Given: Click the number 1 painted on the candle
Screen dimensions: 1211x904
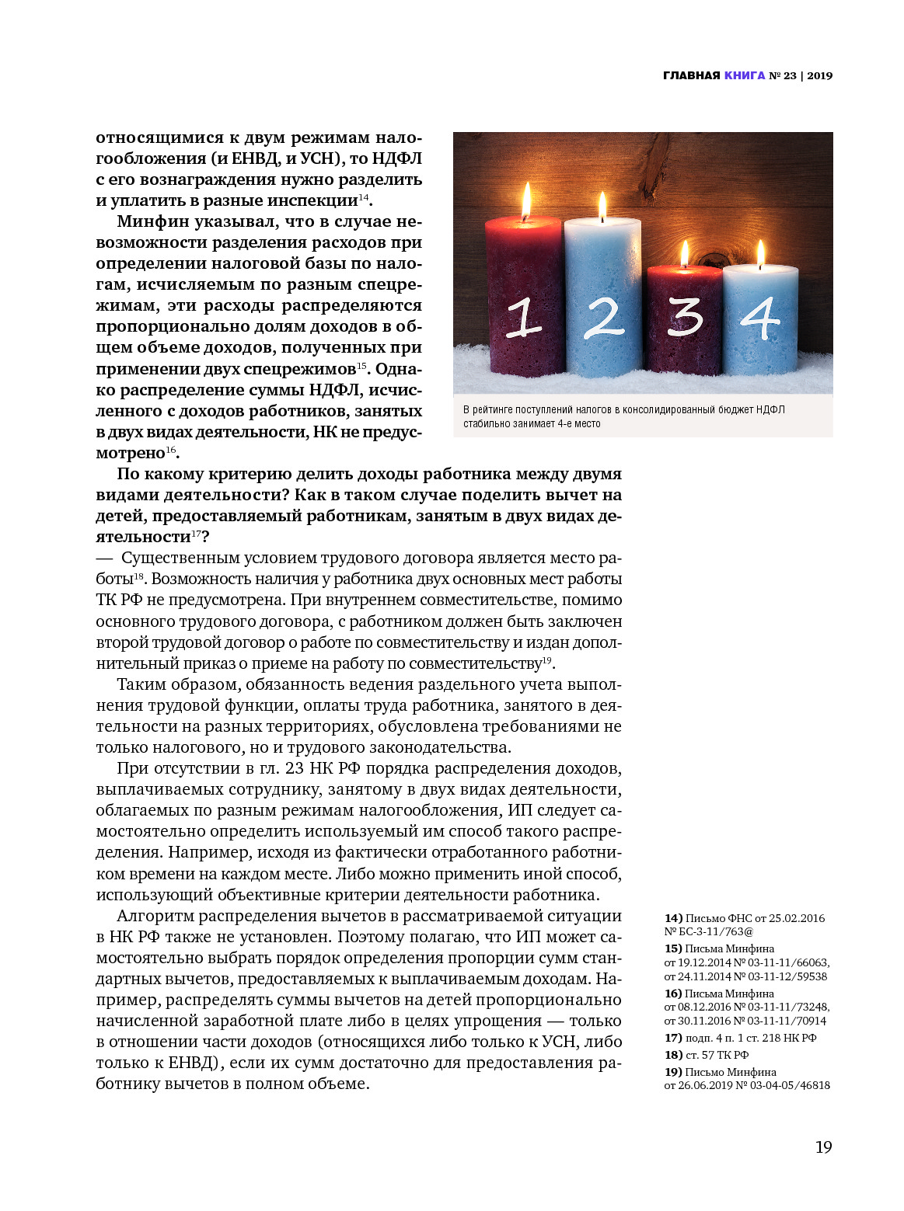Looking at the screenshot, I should pyautogui.click(x=523, y=318).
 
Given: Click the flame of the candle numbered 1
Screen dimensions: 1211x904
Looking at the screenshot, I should pyautogui.click(x=526, y=200).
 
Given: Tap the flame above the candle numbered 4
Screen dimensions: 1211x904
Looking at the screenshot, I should pyautogui.click(x=761, y=253).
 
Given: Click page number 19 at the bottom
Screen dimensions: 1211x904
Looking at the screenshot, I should pyautogui.click(x=823, y=1147).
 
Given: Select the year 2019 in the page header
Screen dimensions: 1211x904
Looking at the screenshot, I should pyautogui.click(x=819, y=75).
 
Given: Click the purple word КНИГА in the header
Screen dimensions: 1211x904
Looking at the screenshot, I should pyautogui.click(x=745, y=75).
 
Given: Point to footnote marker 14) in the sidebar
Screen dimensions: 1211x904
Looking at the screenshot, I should pyautogui.click(x=673, y=918).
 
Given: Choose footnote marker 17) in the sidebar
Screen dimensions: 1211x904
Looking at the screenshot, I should pyautogui.click(x=673, y=1038).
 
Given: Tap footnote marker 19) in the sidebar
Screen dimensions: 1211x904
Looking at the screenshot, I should pyautogui.click(x=673, y=1072).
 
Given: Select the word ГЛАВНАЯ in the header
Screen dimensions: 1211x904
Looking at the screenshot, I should pyautogui.click(x=692, y=75).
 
